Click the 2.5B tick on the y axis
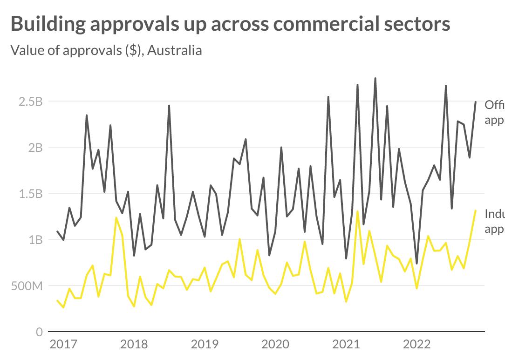click(x=30, y=102)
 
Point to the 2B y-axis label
click(x=34, y=148)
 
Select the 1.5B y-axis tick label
click(x=30, y=194)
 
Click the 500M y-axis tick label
click(x=27, y=286)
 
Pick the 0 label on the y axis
click(x=39, y=332)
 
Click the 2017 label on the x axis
click(x=63, y=345)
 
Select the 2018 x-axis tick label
click(x=134, y=345)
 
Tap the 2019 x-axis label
click(x=205, y=345)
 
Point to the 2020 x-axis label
click(x=275, y=345)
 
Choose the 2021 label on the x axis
click(x=346, y=345)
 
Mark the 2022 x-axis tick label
click(x=417, y=345)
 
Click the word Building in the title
click(x=47, y=24)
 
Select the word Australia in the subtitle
click(x=175, y=50)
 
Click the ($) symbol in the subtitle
click(x=133, y=50)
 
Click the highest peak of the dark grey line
click(x=375, y=78)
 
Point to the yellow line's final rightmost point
click(x=476, y=211)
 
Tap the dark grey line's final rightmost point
click(x=476, y=102)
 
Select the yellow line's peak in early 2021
click(x=357, y=211)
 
